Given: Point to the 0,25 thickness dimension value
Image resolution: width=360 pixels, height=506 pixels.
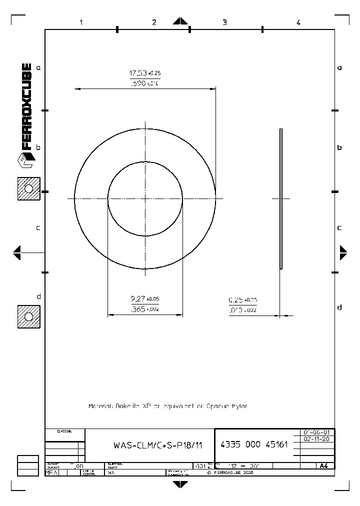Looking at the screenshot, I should [235, 300].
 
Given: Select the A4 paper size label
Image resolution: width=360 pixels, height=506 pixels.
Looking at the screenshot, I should [323, 465].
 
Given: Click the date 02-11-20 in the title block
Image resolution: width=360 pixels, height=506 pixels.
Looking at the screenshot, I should [316, 439].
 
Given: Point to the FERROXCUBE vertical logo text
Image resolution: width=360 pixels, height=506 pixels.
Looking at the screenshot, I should [27, 107].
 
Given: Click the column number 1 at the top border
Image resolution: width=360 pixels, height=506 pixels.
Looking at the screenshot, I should [80, 22].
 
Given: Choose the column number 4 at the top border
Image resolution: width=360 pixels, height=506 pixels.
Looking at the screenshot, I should [298, 22].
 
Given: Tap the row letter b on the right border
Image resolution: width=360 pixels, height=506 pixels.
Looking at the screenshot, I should [339, 148].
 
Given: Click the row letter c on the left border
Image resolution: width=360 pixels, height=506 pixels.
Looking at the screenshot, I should [38, 227].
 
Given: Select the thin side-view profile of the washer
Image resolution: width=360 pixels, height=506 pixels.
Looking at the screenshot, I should [281, 198].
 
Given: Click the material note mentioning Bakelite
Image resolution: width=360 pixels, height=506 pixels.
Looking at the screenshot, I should [167, 406].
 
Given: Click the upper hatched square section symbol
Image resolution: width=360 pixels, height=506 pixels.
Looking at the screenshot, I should [28, 188].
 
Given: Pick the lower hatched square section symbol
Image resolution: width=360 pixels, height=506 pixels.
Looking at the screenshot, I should [28, 317].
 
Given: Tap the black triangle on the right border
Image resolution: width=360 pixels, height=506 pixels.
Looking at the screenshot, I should [343, 252].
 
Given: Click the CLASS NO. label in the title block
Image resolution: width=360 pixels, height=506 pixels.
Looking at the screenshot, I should [64, 431].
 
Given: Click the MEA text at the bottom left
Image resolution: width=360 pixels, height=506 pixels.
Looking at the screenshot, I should [51, 472].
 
